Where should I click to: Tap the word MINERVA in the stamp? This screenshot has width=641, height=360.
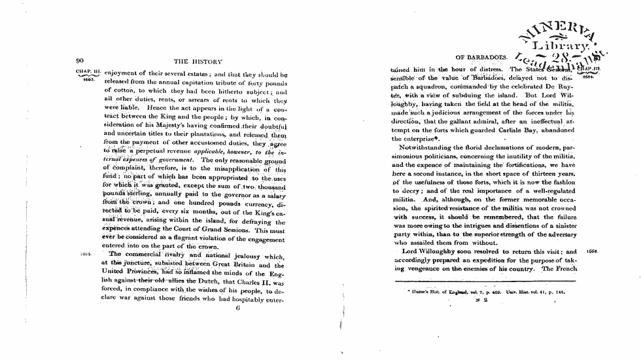(x=562, y=31)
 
